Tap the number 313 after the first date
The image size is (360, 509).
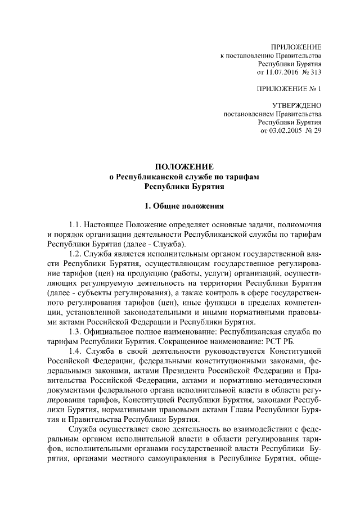tap(318, 73)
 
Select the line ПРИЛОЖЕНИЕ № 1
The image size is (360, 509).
tap(288, 89)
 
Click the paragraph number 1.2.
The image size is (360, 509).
tap(76, 254)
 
